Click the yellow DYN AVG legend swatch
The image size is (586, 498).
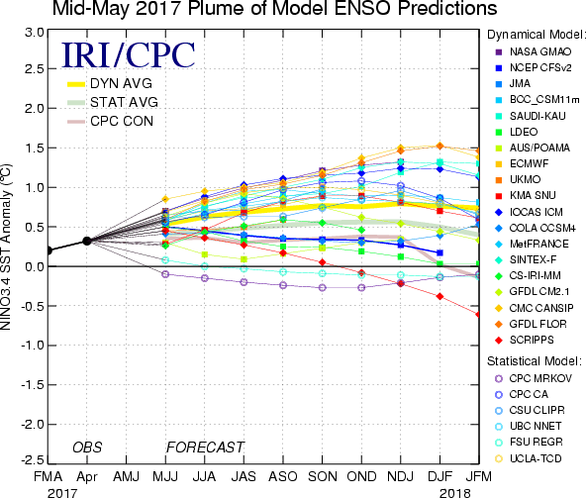tap(76, 84)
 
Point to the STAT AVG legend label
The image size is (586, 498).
tap(124, 102)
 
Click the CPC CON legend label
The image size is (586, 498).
tap(122, 121)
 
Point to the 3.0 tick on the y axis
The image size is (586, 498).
tap(35, 33)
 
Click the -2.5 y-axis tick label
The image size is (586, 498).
tap(32, 459)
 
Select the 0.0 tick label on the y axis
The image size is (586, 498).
tap(35, 266)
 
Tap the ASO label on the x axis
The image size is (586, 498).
tap(283, 476)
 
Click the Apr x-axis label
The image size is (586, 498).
tap(87, 477)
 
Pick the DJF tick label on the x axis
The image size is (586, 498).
tap(440, 476)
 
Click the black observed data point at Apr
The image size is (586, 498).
tap(87, 242)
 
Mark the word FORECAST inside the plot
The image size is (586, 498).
tap(205, 448)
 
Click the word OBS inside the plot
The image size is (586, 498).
tap(87, 448)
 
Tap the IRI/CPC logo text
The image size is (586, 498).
tap(129, 55)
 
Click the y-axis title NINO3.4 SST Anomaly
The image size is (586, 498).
tap(6, 247)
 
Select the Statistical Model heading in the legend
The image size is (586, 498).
tap(535, 361)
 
